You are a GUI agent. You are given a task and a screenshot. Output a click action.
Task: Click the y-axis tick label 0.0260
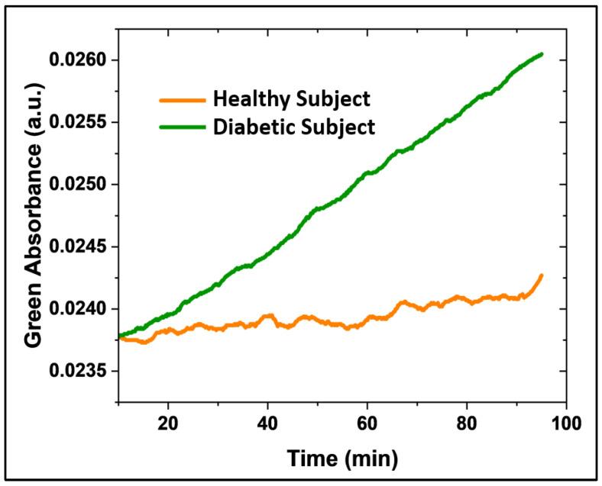78,60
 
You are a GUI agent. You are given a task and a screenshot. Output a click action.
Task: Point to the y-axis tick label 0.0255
78,122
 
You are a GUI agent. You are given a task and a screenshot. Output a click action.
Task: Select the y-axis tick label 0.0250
78,185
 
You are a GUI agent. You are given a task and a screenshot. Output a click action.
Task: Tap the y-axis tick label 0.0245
78,247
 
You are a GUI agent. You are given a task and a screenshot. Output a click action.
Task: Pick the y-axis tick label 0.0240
78,309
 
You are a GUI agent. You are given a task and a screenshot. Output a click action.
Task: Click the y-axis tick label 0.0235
78,372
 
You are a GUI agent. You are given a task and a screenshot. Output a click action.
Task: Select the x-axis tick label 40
267,423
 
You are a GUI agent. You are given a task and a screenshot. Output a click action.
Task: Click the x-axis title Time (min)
342,459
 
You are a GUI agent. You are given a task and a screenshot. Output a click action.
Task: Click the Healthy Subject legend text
292,99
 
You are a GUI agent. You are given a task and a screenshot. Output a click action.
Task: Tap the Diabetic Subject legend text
294,126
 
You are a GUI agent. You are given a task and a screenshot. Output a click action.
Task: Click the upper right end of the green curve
542,54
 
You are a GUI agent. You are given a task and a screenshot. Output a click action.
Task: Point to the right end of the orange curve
542,275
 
